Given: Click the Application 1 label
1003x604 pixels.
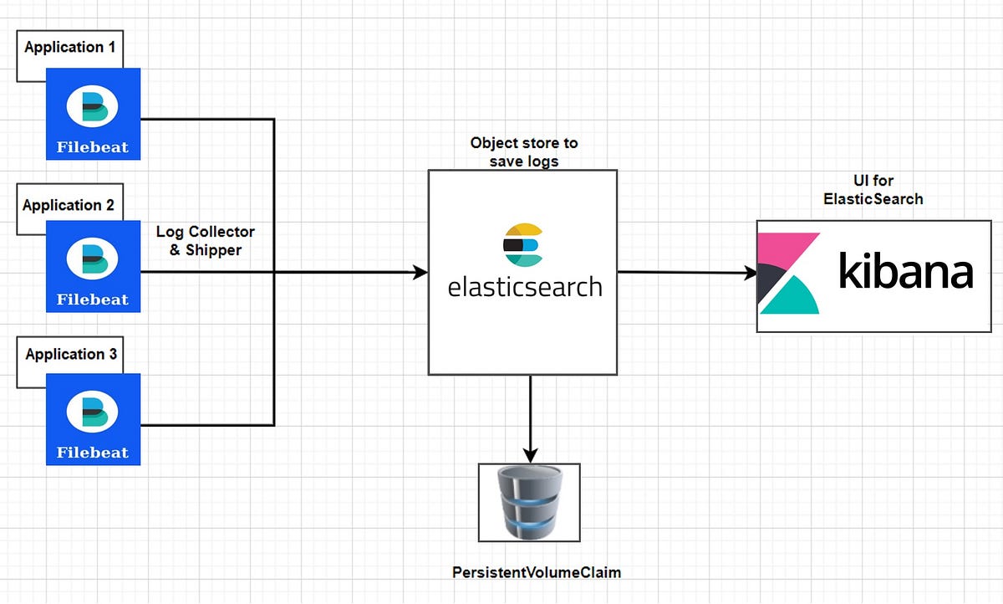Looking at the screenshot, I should click(x=70, y=48).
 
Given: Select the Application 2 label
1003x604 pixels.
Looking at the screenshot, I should click(x=69, y=205).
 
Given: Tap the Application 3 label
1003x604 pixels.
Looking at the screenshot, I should click(x=71, y=354).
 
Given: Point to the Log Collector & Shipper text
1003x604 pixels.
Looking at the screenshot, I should click(x=205, y=240).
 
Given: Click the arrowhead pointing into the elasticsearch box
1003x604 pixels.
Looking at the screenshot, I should click(x=420, y=272).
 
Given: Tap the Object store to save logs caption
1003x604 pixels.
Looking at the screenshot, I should click(x=523, y=151).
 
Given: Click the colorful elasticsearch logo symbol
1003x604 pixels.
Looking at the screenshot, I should click(x=523, y=245).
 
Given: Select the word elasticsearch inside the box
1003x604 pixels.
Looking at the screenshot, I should click(x=524, y=287).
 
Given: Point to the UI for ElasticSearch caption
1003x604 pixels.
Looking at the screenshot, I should click(x=873, y=191).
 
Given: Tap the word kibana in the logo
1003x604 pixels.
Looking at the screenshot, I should click(x=906, y=273).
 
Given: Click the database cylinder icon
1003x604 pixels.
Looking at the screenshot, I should click(x=529, y=502).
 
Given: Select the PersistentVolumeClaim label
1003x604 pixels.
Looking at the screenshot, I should click(x=537, y=572).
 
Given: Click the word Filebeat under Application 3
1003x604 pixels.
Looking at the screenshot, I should click(x=93, y=453).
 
